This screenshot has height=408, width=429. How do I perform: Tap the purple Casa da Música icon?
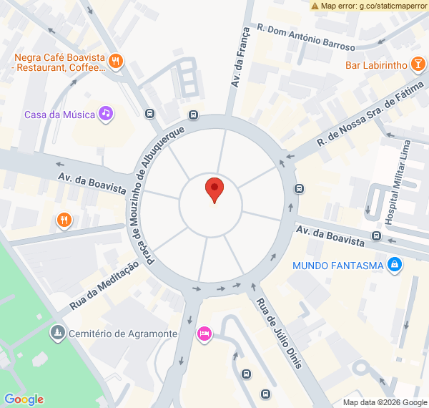pyautogui.click(x=106, y=113)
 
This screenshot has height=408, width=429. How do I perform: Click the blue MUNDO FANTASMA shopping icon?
pyautogui.click(x=394, y=266)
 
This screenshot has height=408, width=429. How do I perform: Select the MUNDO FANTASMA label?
pyautogui.click(x=337, y=266)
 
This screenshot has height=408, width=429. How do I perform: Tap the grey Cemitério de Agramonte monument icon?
pyautogui.click(x=57, y=333)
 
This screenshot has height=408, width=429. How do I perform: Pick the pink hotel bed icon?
pyautogui.click(x=204, y=334)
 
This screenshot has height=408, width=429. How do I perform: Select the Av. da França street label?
pyautogui.click(x=241, y=57)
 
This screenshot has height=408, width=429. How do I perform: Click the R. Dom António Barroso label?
pyautogui.click(x=305, y=39)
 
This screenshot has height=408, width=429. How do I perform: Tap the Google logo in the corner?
pyautogui.click(x=24, y=399)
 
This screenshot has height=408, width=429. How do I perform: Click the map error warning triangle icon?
pyautogui.click(x=315, y=6)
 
